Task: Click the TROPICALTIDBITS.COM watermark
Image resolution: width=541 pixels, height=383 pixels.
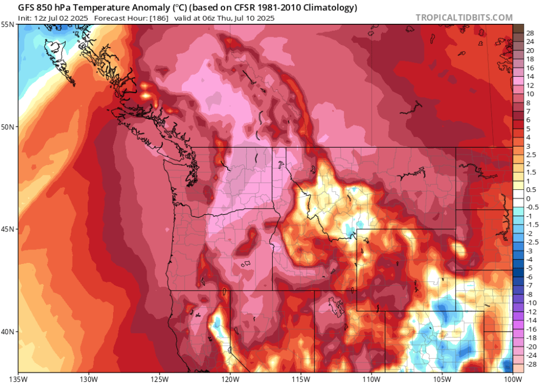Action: coord(464,17)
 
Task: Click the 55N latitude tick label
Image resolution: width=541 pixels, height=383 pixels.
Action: coord(9,24)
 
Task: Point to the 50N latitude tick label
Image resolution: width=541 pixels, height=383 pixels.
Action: coord(9,127)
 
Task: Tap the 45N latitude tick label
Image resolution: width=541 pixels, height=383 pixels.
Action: coord(9,229)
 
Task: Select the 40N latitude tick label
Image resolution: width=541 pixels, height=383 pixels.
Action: coord(9,332)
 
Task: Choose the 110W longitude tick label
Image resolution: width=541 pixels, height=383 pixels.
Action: coord(371,377)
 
